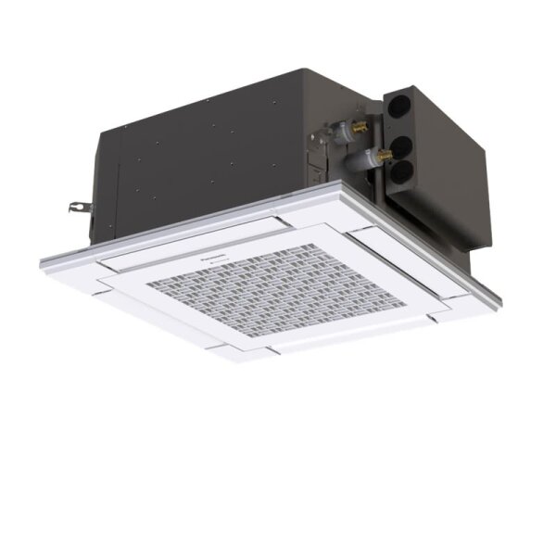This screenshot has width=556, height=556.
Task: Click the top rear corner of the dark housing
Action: pos(268,67)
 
